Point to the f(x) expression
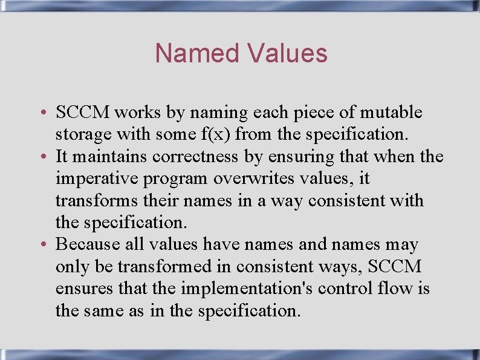[203, 134]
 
